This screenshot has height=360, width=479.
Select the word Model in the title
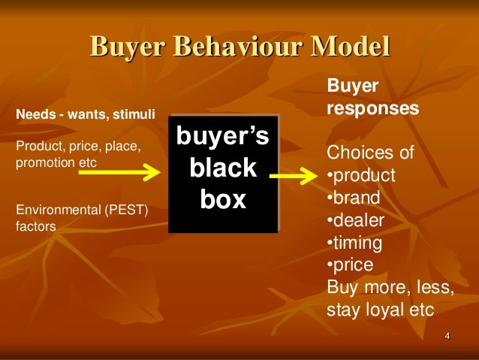(352, 47)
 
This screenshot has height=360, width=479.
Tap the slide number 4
(447, 335)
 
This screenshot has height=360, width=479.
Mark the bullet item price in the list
(350, 265)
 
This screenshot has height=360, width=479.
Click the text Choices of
(370, 154)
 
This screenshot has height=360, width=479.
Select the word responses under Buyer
(372, 109)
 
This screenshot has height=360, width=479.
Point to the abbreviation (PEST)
(125, 210)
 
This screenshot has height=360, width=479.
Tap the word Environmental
(57, 210)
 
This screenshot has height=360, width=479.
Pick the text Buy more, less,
(390, 286)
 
